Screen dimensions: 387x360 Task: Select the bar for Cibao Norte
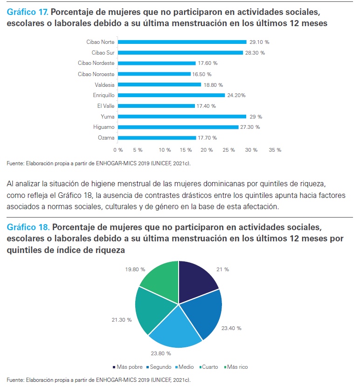click(181, 42)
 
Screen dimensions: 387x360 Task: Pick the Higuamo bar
click(178, 127)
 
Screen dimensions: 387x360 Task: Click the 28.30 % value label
click(256, 53)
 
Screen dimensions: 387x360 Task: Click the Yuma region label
click(108, 117)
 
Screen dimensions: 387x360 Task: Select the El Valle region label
click(107, 106)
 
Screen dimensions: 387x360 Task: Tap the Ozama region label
click(107, 138)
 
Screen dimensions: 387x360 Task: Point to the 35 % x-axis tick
click(275, 150)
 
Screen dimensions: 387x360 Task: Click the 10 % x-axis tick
click(165, 150)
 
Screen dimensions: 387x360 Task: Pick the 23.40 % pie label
click(232, 328)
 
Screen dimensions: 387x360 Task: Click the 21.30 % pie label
click(122, 320)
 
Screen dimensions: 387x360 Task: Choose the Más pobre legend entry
click(128, 367)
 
